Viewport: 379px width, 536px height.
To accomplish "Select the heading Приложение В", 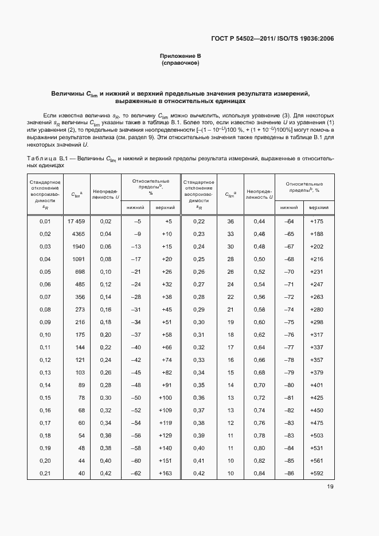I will click(x=181, y=56).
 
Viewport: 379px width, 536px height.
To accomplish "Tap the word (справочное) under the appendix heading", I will click(x=181, y=63).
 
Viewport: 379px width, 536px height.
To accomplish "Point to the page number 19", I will click(x=330, y=487).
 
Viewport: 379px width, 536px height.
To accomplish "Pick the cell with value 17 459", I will click(x=76, y=221).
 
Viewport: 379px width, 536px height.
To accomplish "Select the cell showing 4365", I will click(x=78, y=234).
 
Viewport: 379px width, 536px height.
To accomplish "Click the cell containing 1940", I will click(x=78, y=246).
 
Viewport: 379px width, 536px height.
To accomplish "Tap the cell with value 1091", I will click(x=78, y=259).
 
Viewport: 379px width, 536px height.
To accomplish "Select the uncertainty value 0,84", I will click(x=259, y=473).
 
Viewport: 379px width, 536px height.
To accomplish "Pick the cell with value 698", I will click(x=80, y=271).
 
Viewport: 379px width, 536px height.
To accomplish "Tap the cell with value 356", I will click(x=80, y=297).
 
